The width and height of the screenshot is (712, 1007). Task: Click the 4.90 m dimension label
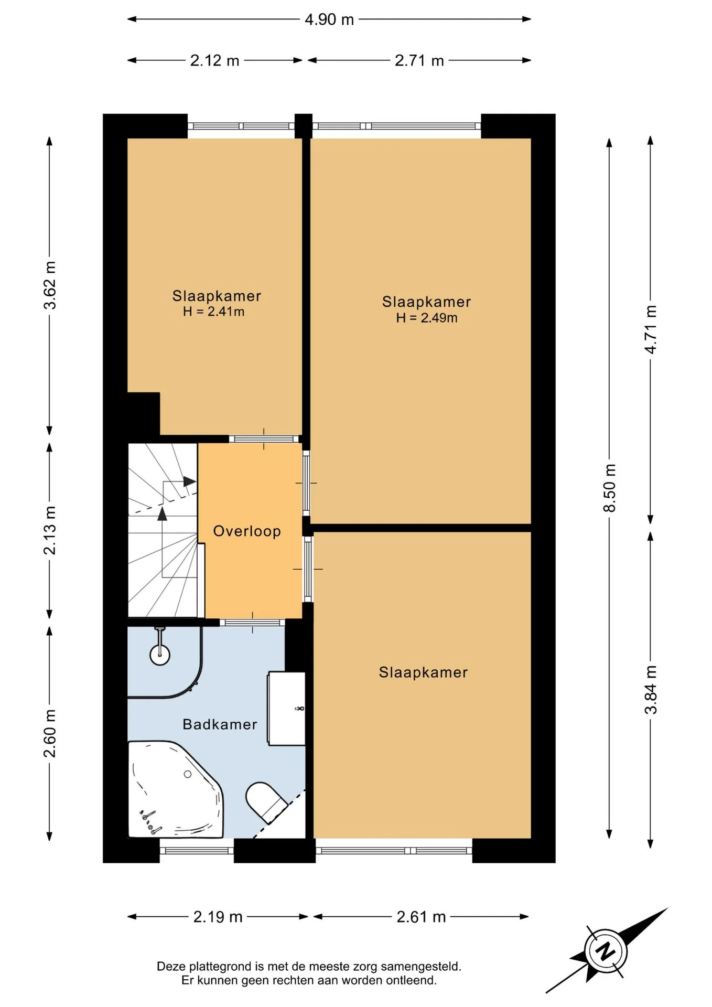(x=329, y=19)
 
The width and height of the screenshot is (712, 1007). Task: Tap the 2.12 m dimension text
(x=214, y=60)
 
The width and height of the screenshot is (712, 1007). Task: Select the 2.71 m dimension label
(x=419, y=60)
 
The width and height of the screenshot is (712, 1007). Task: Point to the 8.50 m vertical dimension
(x=609, y=488)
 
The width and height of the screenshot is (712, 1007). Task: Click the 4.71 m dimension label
(x=651, y=329)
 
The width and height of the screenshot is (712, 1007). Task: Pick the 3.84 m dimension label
(x=651, y=690)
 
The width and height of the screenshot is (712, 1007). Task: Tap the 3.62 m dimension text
(x=49, y=285)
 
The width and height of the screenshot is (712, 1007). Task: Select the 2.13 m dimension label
(x=49, y=530)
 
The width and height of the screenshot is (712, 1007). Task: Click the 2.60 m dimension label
(x=49, y=733)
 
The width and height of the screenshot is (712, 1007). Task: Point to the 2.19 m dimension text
(x=218, y=917)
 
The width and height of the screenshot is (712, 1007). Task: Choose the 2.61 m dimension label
(x=421, y=917)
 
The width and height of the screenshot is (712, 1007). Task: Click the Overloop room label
(x=247, y=531)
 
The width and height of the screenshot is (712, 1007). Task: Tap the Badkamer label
(x=220, y=724)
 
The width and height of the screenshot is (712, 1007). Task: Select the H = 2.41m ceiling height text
(x=213, y=312)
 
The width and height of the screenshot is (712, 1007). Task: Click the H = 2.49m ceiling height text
(x=427, y=318)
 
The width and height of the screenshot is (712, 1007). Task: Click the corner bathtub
(x=176, y=790)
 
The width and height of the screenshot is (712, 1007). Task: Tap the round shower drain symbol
(x=160, y=655)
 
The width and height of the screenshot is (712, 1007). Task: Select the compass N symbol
(x=606, y=951)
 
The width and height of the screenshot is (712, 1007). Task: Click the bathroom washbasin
(x=286, y=709)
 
